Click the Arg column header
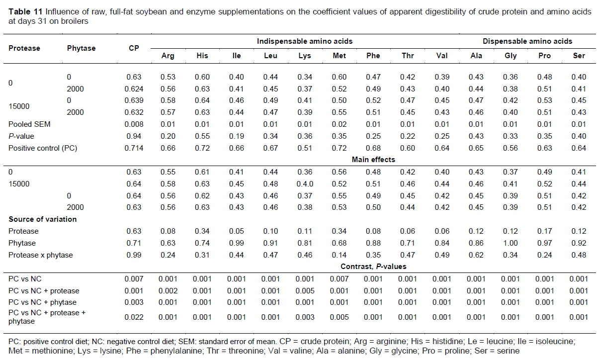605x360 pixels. [168, 56]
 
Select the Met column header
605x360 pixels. [339, 56]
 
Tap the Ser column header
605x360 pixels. [579, 56]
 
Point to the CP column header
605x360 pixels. [134, 48]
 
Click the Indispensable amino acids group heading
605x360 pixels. [305, 41]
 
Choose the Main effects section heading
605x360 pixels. [373, 160]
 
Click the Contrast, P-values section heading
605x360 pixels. [373, 267]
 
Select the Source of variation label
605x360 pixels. [42, 219]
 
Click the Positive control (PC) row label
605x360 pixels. [43, 148]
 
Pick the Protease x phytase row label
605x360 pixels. [40, 255]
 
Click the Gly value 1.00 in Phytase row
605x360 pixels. [511, 243]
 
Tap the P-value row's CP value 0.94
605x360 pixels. [134, 136]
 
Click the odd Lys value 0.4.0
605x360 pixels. [305, 184]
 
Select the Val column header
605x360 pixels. [441, 56]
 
